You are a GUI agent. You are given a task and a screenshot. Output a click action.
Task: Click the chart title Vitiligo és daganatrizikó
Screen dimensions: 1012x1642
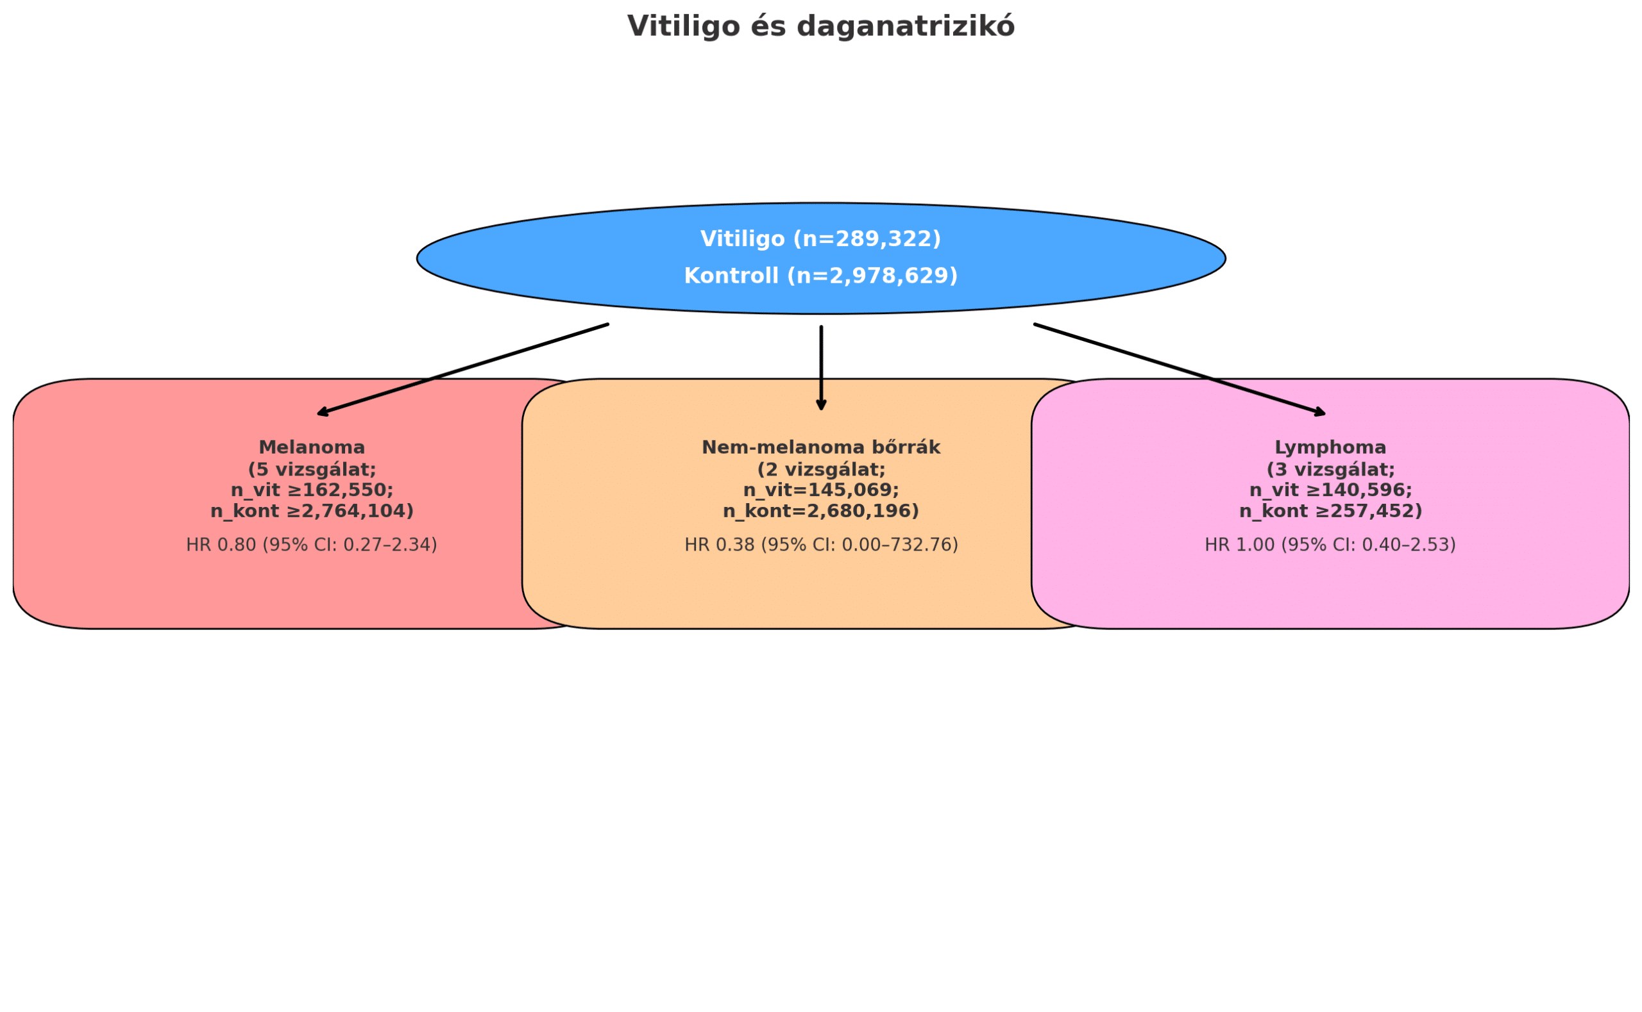(x=820, y=27)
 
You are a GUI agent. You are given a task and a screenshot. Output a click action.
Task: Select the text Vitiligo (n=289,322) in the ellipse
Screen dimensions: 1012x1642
(x=820, y=239)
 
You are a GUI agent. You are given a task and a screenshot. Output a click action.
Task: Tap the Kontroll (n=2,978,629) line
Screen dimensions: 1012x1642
(x=820, y=276)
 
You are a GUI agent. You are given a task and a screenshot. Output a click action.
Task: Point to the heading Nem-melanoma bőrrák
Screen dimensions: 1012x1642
(x=820, y=448)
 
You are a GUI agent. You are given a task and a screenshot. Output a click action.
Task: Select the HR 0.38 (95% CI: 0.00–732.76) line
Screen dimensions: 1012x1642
(x=821, y=545)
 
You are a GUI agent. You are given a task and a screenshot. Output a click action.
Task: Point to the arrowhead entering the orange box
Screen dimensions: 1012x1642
(x=821, y=405)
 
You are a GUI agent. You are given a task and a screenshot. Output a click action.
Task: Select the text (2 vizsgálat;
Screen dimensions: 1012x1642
(x=821, y=470)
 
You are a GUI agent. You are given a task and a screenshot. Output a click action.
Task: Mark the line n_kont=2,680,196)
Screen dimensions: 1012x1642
(x=820, y=511)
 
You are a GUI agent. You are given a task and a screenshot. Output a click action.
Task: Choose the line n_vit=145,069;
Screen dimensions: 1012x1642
(x=820, y=490)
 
